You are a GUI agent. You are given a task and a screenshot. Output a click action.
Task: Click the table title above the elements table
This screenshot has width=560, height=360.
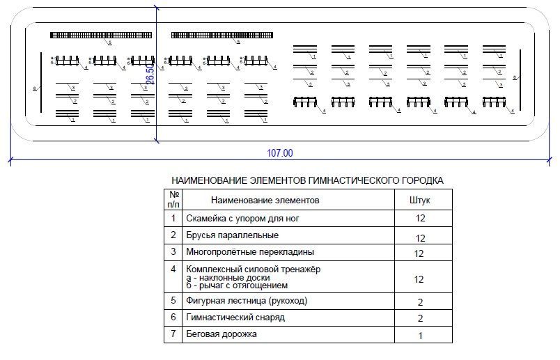[307, 180]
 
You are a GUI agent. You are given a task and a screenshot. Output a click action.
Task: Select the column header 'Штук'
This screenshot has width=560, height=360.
[419, 200]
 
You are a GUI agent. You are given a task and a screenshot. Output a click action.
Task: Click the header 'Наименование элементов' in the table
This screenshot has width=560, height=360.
[265, 200]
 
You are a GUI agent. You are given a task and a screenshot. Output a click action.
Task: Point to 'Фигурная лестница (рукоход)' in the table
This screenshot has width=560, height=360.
[247, 301]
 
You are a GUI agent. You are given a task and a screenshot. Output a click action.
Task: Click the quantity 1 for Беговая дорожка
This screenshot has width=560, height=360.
[419, 336]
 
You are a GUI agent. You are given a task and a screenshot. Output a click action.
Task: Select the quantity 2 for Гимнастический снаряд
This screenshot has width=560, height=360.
[419, 318]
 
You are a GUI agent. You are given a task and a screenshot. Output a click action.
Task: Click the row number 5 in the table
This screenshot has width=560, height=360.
[173, 301]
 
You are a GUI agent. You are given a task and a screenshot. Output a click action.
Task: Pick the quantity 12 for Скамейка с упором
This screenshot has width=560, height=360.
[419, 219]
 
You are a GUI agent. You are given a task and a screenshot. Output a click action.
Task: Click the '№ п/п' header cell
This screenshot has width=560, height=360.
[173, 200]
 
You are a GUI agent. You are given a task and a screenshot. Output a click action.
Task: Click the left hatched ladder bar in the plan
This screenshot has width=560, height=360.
[101, 35]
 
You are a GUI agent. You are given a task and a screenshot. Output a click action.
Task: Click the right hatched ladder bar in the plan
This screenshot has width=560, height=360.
[222, 35]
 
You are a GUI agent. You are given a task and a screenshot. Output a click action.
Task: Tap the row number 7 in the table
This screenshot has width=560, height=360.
[173, 334]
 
